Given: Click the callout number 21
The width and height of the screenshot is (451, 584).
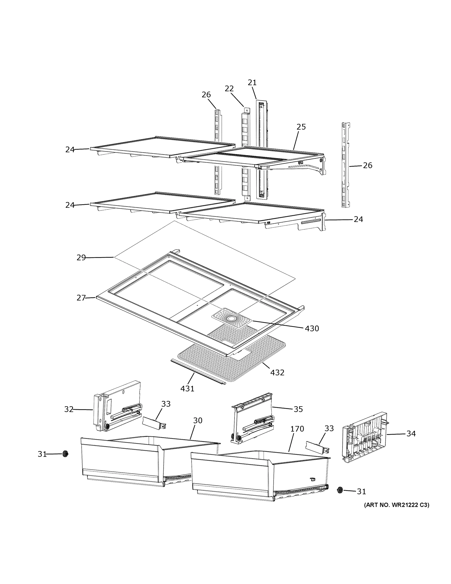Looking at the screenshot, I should [x=252, y=83].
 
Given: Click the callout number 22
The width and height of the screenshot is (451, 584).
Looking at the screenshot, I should [x=229, y=89].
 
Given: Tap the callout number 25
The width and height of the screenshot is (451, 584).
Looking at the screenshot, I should [x=301, y=127].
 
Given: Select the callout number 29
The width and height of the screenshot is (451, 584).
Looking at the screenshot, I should [x=81, y=257].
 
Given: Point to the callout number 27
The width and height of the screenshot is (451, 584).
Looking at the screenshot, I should [x=81, y=298].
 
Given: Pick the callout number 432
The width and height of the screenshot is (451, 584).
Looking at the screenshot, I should [x=277, y=372].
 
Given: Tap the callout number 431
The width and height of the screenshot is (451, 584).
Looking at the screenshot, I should [x=187, y=389].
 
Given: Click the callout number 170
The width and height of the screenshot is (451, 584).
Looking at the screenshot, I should [x=297, y=429].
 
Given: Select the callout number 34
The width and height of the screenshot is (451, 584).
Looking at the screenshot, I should [x=411, y=433].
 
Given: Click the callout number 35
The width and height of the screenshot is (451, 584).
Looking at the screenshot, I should [x=298, y=409].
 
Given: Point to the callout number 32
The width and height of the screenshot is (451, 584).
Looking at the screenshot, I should [x=69, y=409].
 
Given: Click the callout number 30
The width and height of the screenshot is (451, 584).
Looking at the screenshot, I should [x=198, y=420].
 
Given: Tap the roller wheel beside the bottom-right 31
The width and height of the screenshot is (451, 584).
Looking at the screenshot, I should [x=340, y=490].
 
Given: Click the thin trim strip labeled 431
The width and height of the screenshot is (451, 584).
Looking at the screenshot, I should [x=198, y=371].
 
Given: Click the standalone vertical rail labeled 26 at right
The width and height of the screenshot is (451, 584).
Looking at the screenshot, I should [x=346, y=165].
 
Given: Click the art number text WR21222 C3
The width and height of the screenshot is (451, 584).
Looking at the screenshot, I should [x=397, y=505].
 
